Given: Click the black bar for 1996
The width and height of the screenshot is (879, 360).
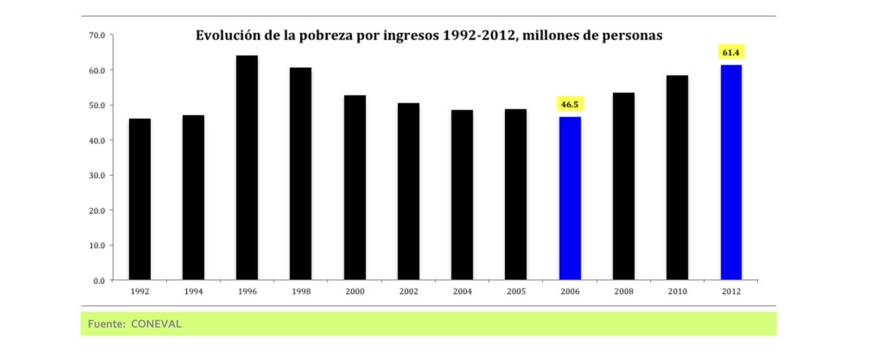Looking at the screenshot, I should [x=247, y=168].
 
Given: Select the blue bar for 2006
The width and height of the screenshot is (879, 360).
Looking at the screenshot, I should [x=570, y=199].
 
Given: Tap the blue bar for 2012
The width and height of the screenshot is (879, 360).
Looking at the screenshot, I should [x=731, y=172].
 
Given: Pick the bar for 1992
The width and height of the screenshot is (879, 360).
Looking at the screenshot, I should [x=139, y=199].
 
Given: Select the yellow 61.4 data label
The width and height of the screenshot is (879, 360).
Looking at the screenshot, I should [x=731, y=53].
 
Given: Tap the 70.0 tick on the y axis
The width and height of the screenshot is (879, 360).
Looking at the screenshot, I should [x=98, y=35].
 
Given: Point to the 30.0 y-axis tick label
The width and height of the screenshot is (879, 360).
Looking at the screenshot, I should [x=98, y=175].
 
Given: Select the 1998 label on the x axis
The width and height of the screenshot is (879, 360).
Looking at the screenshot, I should [x=301, y=291].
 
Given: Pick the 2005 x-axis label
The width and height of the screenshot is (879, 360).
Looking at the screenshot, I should [x=516, y=291].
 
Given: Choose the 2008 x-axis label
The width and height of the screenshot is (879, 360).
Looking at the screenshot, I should [x=623, y=291].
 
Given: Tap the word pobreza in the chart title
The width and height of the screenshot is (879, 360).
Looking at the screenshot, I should [x=336, y=35].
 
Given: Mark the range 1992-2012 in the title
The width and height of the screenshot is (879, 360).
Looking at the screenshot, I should [x=477, y=35].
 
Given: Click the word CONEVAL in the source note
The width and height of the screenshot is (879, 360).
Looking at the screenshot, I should [x=155, y=323].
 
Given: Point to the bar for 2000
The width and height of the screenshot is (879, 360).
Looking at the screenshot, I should [x=355, y=188].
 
